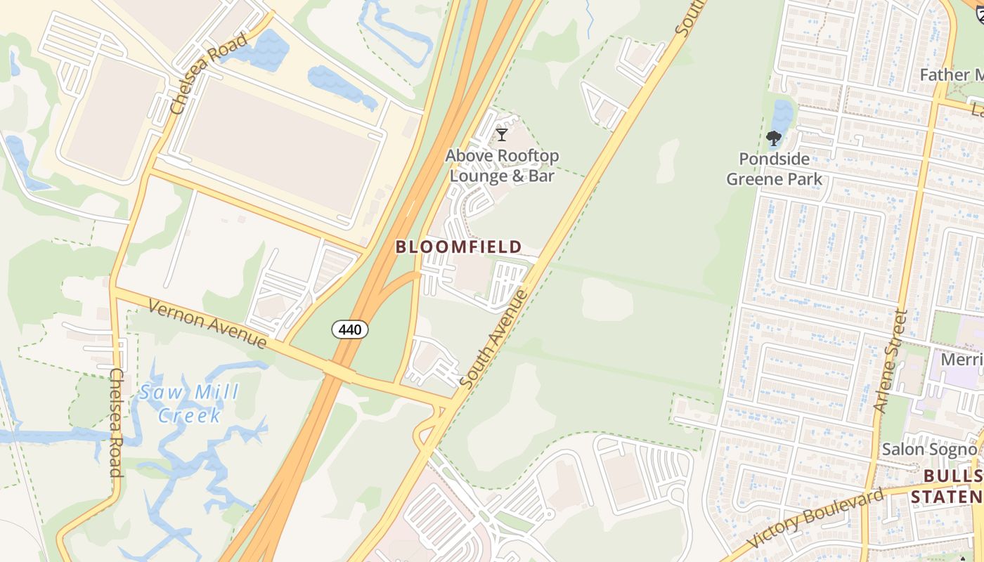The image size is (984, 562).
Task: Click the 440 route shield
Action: point(350,329)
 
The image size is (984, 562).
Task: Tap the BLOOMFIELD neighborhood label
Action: point(458,247)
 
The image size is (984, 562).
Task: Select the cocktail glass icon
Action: point(502,135)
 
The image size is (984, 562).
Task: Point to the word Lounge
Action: point(477,176)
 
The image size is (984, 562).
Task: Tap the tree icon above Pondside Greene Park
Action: point(774,138)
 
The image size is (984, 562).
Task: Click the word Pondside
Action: point(774,159)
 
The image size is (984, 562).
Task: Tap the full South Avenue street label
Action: point(494,339)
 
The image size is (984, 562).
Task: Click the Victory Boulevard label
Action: point(815,519)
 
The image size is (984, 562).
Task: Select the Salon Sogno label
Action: point(929,449)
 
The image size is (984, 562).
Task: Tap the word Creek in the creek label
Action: point(190,415)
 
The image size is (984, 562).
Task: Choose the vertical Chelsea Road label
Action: point(117,422)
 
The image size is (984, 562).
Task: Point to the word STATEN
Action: point(947,497)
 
